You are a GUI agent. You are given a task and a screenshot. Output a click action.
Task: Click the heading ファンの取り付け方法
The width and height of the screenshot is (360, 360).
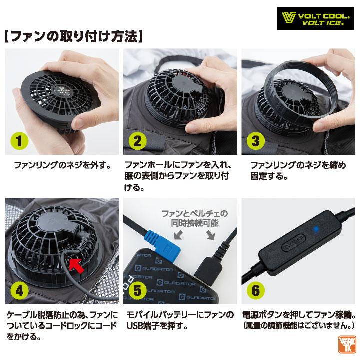coord(75,36)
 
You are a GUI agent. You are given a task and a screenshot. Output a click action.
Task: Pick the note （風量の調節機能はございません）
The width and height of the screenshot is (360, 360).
coord(299,326)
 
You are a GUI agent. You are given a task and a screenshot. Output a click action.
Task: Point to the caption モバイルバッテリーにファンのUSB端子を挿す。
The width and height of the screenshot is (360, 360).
coord(178,321)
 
